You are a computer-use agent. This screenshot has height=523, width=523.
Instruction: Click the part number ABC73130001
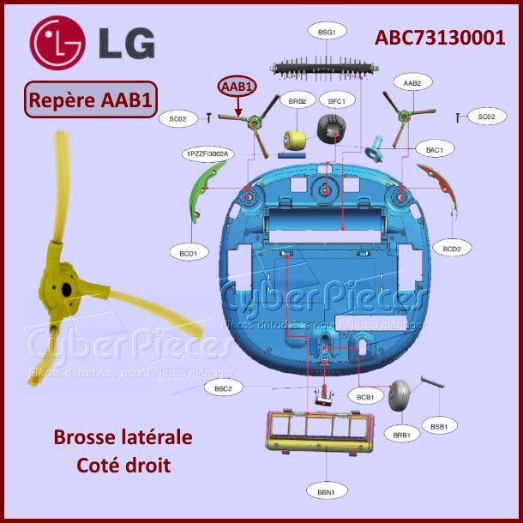pos(439,38)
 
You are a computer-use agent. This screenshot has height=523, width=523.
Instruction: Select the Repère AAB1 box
pos(90,99)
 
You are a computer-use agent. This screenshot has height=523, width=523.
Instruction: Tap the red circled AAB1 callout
pos(237,87)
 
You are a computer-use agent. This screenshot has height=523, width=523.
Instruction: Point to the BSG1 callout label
pos(326,32)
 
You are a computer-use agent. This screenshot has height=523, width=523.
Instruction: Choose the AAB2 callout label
pos(412,82)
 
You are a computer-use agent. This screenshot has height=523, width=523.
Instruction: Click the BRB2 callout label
pos(297,101)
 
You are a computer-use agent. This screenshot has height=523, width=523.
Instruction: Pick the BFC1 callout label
pos(335,101)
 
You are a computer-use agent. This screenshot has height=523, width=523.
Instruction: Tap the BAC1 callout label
pos(434,150)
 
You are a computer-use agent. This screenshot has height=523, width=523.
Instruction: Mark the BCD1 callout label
pos(189,254)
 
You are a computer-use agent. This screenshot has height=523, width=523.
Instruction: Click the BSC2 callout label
pos(223,388)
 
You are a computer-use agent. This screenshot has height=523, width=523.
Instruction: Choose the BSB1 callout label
pos(438,426)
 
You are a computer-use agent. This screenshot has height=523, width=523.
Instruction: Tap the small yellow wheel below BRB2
pos(296,139)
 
